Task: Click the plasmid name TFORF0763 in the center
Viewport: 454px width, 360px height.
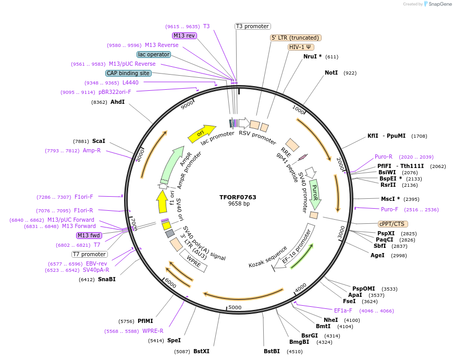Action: tap(238, 197)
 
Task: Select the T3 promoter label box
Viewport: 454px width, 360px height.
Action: tap(252, 26)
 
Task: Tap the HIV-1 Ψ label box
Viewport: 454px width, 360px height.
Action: tap(301, 47)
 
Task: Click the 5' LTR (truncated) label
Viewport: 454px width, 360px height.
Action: tap(296, 38)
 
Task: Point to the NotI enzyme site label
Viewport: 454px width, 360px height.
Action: tap(331, 73)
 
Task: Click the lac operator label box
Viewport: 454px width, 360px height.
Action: tap(154, 54)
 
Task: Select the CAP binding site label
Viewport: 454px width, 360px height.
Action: tap(128, 73)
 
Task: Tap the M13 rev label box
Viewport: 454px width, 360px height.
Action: tap(185, 35)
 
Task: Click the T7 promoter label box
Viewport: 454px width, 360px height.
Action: tap(90, 254)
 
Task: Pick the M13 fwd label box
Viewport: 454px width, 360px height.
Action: tap(90, 235)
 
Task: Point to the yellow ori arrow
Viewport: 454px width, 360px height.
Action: tap(202, 134)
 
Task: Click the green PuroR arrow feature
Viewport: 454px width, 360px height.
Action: tap(315, 194)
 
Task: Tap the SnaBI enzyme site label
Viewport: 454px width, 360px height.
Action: tap(106, 279)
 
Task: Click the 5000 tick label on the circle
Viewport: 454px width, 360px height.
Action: tap(235, 307)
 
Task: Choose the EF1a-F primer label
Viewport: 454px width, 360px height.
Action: tap(343, 310)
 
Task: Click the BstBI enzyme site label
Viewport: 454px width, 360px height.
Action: tap(272, 351)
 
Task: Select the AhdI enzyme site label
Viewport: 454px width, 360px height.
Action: tap(117, 102)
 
